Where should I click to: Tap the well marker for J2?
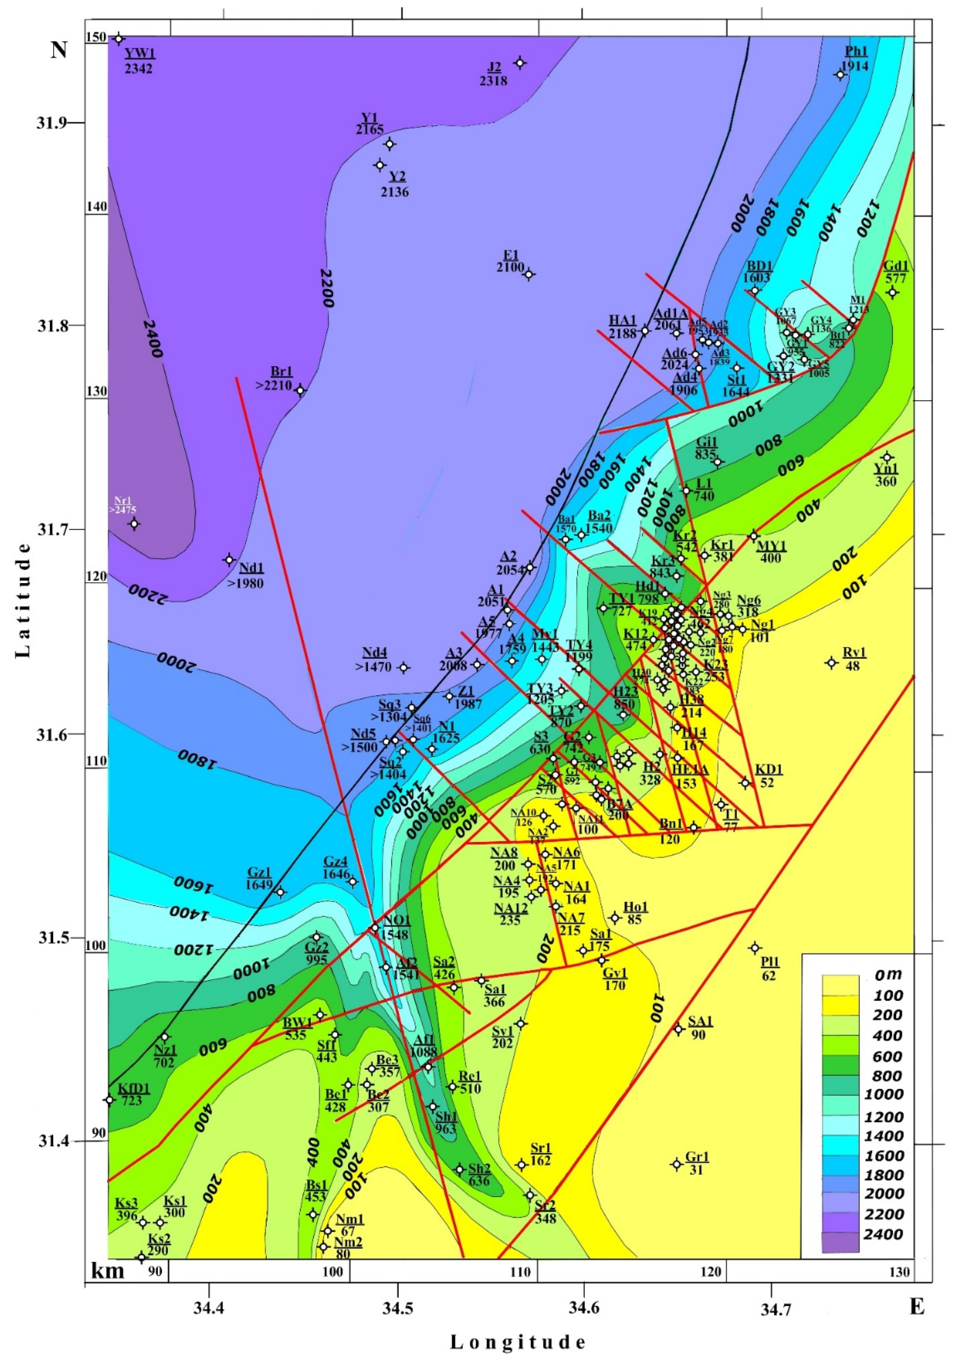coord(520,63)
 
